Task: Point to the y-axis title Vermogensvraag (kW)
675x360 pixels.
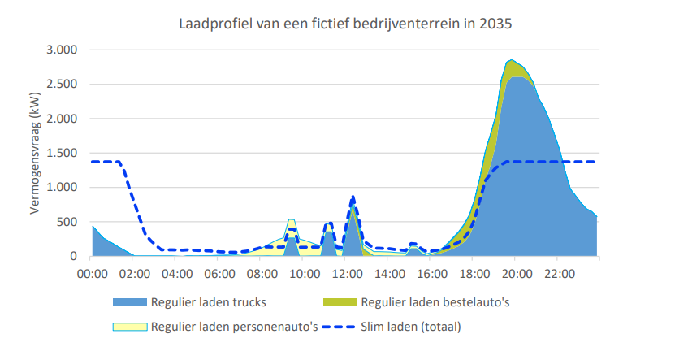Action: point(36,153)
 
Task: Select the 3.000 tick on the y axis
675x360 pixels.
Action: point(60,50)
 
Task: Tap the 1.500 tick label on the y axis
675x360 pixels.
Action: point(60,153)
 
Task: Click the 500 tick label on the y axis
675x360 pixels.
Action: point(67,222)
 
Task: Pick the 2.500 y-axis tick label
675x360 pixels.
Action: point(60,84)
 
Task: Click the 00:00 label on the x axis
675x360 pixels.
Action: point(92,273)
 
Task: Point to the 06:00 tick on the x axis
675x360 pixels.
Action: point(219,273)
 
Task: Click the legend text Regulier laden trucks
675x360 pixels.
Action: point(208,303)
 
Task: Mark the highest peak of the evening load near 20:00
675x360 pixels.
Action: point(511,60)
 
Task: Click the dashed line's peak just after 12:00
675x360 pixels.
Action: point(353,197)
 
